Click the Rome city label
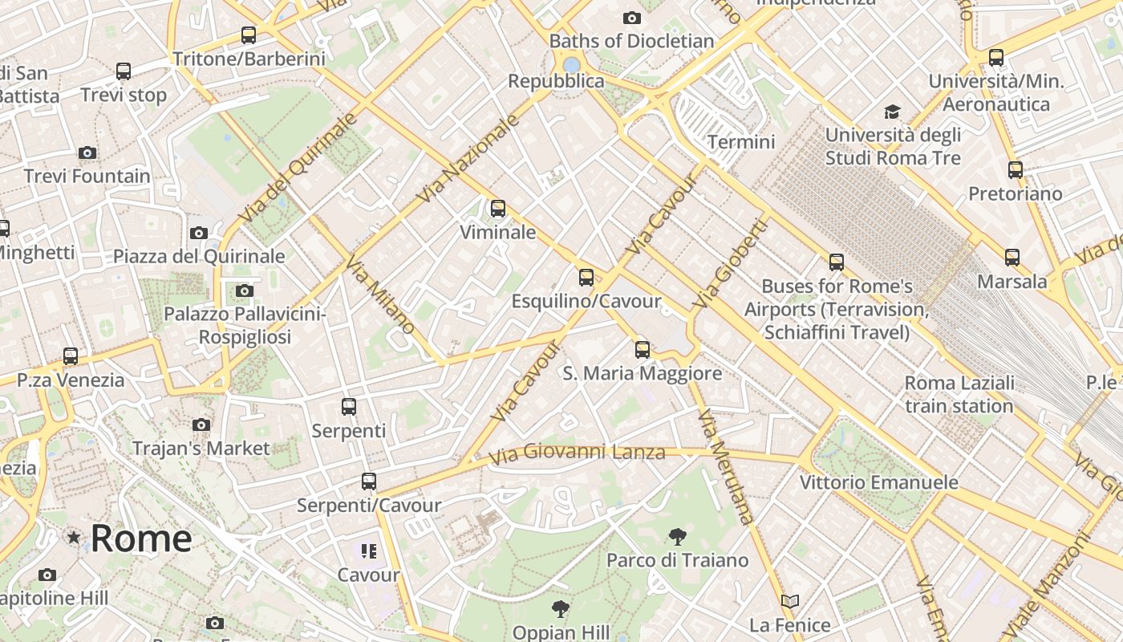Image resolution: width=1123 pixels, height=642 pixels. point(140,538)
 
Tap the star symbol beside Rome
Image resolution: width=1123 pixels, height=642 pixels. point(74,537)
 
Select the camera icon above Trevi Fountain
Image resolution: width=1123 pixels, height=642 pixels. point(87,152)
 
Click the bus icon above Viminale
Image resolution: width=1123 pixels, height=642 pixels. point(498,209)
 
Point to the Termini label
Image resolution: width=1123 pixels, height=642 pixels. point(741,142)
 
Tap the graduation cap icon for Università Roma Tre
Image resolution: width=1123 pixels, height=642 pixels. point(892,112)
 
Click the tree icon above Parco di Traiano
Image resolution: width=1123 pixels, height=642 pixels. point(678,536)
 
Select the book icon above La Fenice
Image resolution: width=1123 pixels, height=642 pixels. point(790,601)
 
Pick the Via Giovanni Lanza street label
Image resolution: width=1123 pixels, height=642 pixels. point(577,453)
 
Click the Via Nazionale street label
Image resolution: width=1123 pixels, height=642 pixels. point(469,158)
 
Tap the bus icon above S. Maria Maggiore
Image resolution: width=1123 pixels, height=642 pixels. point(642,349)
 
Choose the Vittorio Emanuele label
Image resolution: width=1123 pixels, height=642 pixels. point(878,482)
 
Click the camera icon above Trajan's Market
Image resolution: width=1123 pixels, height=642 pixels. point(201,425)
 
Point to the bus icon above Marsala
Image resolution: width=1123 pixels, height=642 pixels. point(1012,258)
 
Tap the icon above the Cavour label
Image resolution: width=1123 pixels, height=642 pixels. point(368,551)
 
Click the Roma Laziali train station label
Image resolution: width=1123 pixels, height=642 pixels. point(959,394)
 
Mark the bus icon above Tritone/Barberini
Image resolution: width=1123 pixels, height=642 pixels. point(249,35)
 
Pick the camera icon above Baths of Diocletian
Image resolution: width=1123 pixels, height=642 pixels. point(632,18)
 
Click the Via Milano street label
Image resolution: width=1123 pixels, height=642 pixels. point(380,295)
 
